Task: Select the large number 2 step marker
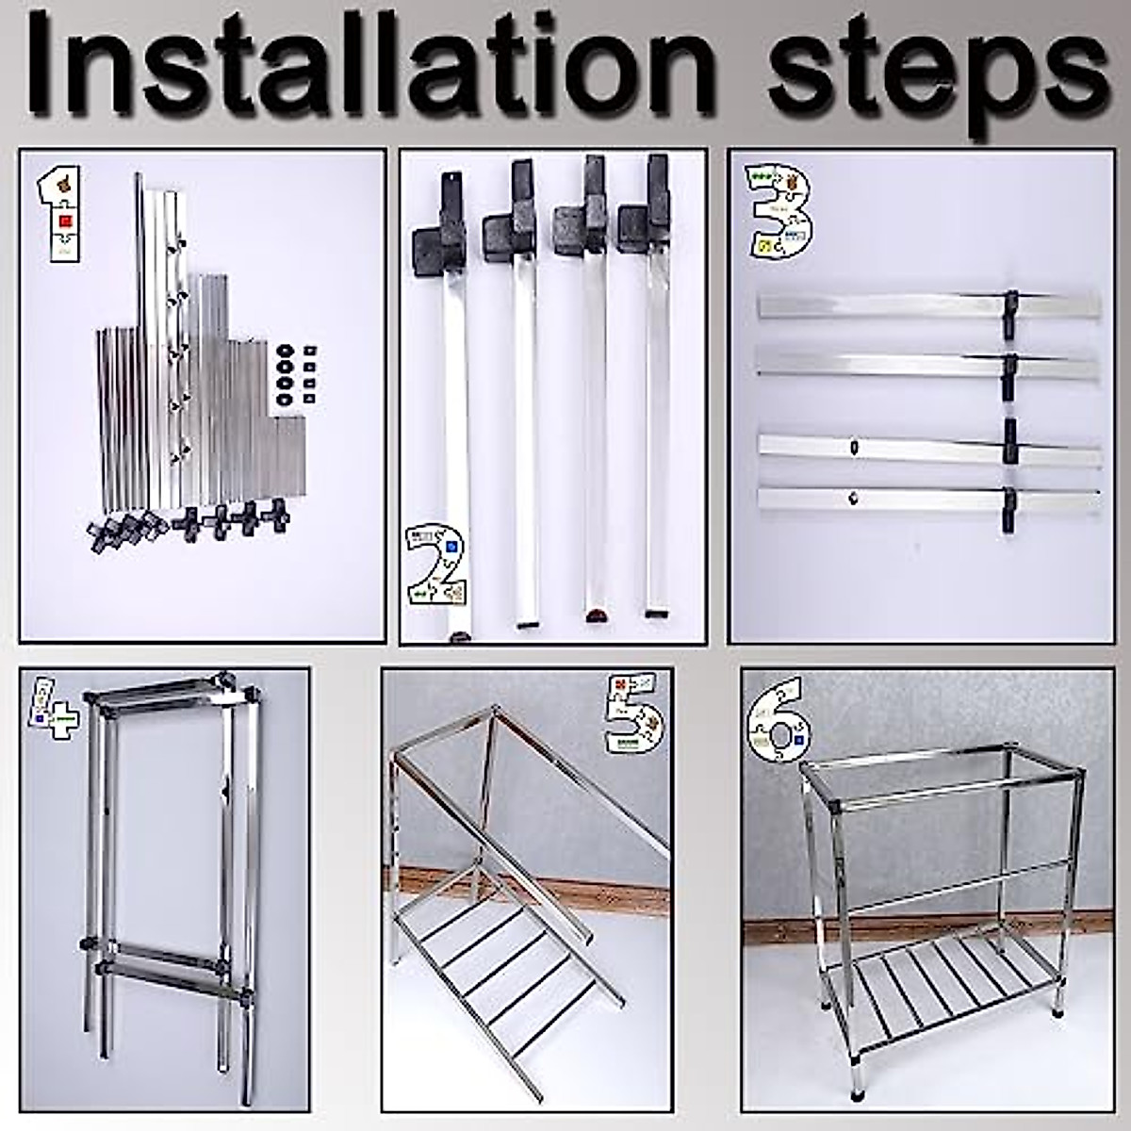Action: click(x=436, y=565)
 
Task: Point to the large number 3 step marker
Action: click(x=779, y=212)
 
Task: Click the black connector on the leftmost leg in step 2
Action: click(x=439, y=232)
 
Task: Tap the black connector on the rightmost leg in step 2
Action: click(x=645, y=206)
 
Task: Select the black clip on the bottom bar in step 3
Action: click(x=1009, y=510)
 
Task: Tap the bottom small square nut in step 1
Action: click(x=309, y=399)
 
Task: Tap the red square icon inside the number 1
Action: click(x=65, y=221)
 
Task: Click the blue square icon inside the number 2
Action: click(x=451, y=547)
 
